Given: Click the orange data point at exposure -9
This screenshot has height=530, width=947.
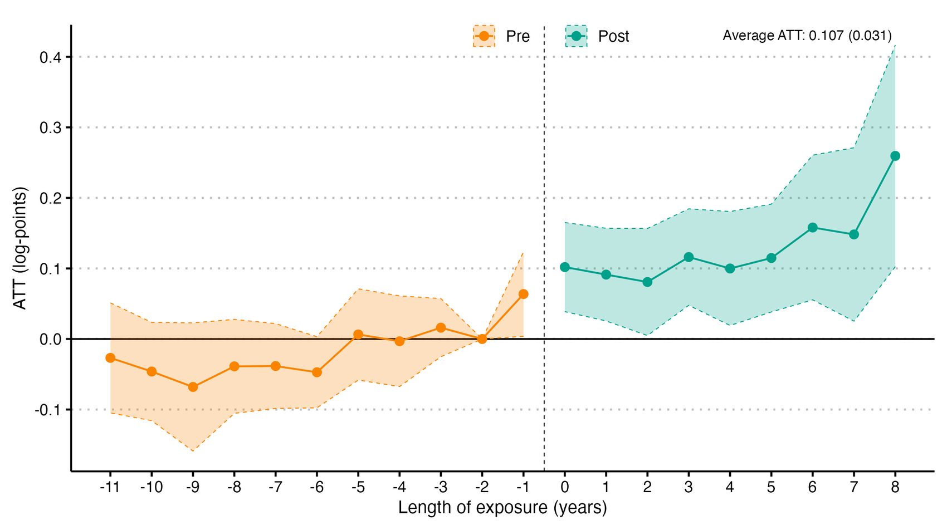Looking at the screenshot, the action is (x=193, y=387).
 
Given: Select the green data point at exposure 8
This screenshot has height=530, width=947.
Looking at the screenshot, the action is (x=895, y=156).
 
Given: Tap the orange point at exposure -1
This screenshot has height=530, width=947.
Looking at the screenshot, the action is (x=524, y=294).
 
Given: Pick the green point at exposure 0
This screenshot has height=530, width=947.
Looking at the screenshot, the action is (x=565, y=267).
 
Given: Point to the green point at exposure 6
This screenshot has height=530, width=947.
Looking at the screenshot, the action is (x=813, y=228).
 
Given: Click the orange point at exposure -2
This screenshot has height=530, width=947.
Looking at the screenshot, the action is (x=482, y=339).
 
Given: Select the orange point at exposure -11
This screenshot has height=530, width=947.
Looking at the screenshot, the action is (x=110, y=358).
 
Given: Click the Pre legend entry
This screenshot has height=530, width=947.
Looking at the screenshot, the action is (x=501, y=36).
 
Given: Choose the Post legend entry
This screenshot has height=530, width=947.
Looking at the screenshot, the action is (x=597, y=36).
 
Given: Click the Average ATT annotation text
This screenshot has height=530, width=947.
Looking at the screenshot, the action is (x=807, y=36).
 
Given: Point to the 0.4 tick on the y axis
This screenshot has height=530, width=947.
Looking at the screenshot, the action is (x=50, y=57).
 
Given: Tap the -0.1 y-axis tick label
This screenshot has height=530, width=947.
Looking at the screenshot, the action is (x=48, y=410).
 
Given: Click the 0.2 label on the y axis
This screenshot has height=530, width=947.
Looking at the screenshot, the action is (x=50, y=198).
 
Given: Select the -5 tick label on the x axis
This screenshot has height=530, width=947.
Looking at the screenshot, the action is (x=358, y=487).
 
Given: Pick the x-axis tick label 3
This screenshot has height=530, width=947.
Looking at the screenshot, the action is (x=689, y=487).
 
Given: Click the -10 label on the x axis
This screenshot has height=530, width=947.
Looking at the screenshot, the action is (x=152, y=487).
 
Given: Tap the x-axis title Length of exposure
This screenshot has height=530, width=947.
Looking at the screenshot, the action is (x=502, y=507).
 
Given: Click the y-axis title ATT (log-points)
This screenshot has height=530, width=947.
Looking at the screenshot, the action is (x=19, y=248).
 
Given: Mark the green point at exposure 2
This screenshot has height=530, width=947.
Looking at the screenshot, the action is (x=647, y=282).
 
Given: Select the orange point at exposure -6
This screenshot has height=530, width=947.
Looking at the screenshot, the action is (x=316, y=372).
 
